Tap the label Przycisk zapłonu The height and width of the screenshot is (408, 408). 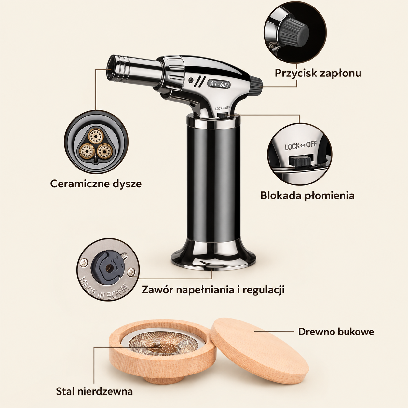pos(318,74)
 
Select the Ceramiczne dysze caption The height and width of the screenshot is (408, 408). pos(96,184)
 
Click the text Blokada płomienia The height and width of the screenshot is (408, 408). pos(307,196)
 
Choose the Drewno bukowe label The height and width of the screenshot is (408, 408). pos(336,332)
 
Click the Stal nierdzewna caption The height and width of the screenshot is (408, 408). pos(94,391)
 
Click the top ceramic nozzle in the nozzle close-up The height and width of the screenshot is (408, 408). pos(96,136)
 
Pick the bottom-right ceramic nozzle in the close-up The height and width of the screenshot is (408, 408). pos(104,151)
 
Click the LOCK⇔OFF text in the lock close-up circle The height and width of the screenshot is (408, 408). pos(301,145)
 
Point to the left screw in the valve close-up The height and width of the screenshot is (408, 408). pos(84,263)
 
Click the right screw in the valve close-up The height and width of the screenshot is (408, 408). pos(131,272)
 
